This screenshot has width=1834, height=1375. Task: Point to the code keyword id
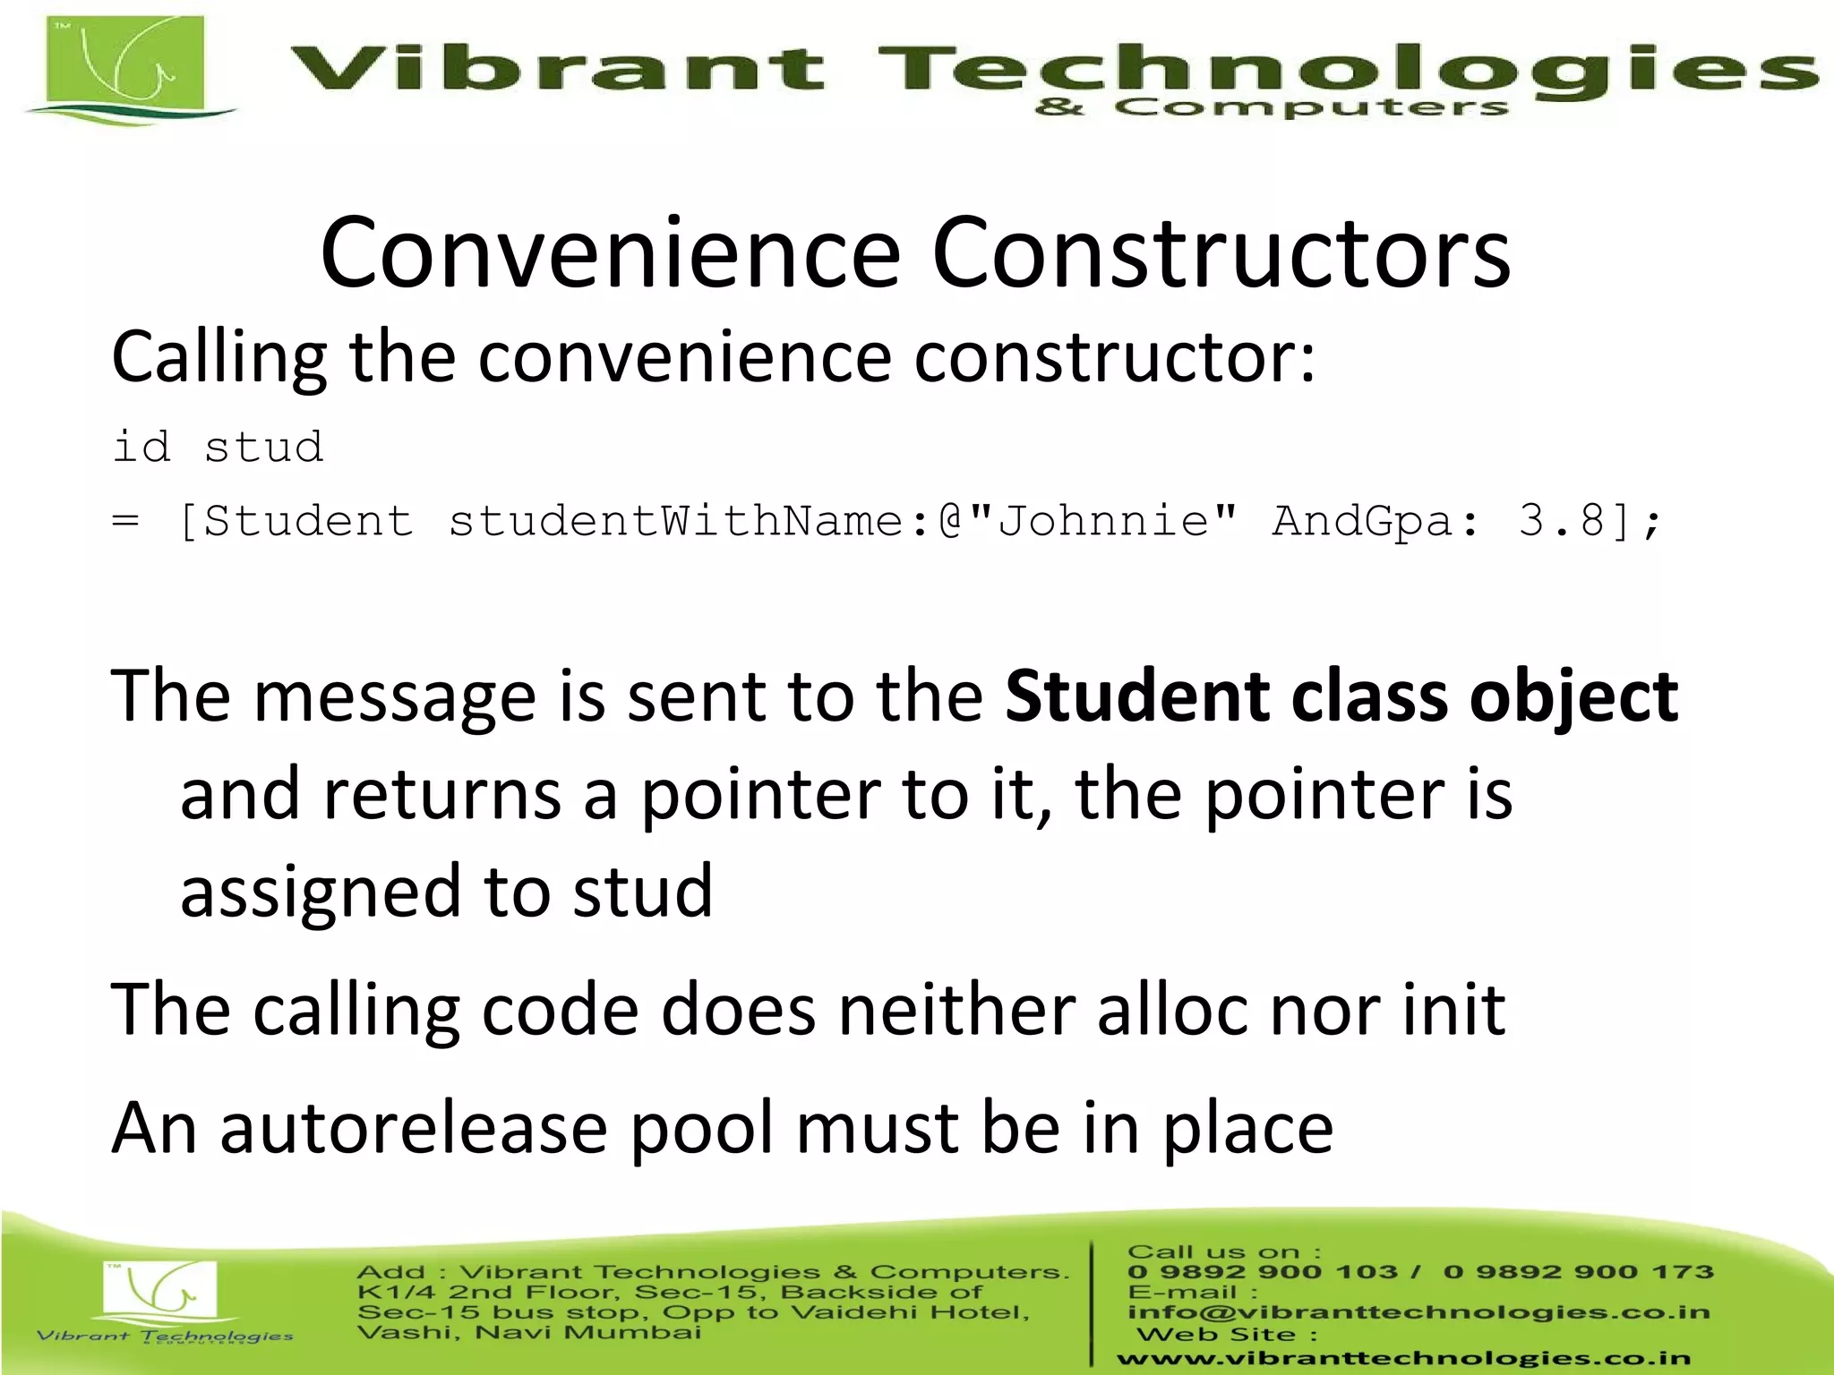[x=141, y=446]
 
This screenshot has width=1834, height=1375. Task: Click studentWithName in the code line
[x=677, y=520]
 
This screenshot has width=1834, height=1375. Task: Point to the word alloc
[x=1173, y=1010]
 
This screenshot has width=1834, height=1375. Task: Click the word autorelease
[x=414, y=1128]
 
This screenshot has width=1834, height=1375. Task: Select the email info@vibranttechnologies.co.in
[x=1418, y=1312]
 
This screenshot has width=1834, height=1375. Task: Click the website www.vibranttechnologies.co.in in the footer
[x=1403, y=1358]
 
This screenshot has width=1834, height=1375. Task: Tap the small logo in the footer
[x=161, y=1294]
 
